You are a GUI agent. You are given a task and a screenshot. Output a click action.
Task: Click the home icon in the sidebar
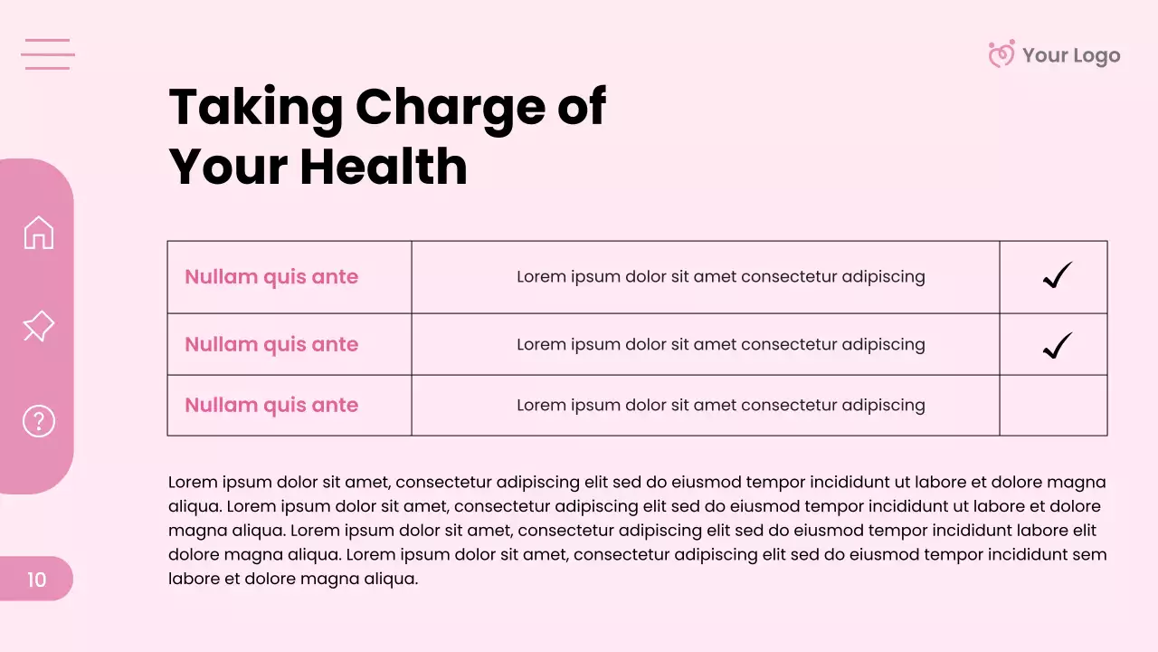point(39,233)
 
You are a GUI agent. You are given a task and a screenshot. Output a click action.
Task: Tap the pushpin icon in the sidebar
point(38,326)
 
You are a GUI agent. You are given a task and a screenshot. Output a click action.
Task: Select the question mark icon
point(39,421)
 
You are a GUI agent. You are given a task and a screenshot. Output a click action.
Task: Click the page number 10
point(36,580)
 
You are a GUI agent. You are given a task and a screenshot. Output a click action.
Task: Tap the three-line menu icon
point(48,54)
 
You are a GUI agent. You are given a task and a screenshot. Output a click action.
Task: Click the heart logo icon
point(1001,54)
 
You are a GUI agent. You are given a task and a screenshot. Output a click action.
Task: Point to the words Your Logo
point(1071,55)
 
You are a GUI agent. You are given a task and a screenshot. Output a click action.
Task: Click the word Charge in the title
point(442,107)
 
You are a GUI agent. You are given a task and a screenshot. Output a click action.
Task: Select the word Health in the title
point(384,167)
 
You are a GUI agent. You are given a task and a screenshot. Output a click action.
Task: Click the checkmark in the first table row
point(1056,276)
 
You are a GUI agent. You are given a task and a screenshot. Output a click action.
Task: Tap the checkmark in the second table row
point(1056,345)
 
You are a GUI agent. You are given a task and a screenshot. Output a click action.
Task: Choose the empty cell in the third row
point(1053,406)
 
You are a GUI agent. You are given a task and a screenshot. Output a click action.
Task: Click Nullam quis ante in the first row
point(271,277)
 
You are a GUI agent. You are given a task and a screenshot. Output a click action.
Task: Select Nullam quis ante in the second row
point(271,344)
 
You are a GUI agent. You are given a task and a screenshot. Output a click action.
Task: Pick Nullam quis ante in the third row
point(271,405)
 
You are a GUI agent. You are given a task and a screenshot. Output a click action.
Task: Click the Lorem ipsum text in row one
point(720,276)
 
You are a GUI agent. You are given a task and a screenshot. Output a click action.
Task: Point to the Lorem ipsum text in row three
point(720,405)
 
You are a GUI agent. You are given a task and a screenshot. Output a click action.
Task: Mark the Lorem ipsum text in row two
point(720,344)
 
